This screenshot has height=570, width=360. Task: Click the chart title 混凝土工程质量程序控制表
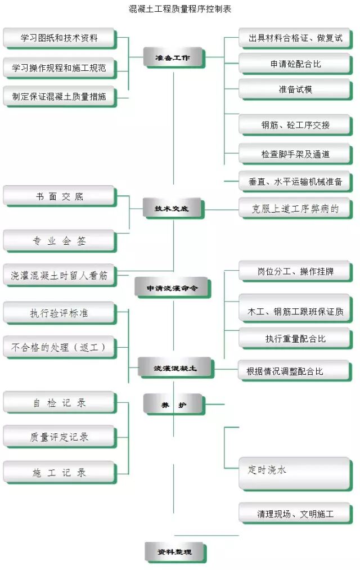(x=180, y=9)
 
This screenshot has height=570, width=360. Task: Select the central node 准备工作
(x=173, y=57)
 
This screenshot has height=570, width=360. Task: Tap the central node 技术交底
(x=173, y=208)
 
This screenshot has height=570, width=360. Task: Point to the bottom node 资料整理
(x=174, y=551)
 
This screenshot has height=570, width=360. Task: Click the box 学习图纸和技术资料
(x=59, y=38)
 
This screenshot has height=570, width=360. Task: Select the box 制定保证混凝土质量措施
(x=59, y=96)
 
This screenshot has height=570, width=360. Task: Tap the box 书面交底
(x=59, y=196)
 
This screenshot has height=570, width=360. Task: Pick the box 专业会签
(x=59, y=241)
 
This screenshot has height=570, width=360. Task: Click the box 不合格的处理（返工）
(x=59, y=347)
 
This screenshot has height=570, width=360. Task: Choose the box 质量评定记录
(x=59, y=437)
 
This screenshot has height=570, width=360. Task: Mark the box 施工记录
(x=59, y=473)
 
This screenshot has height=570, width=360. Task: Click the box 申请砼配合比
(x=295, y=64)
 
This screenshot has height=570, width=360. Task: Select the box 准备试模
(x=295, y=89)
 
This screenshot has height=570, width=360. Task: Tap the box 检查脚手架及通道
(x=295, y=154)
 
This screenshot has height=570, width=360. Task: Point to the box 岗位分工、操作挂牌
(x=295, y=271)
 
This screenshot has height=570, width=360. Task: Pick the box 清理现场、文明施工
(x=295, y=514)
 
